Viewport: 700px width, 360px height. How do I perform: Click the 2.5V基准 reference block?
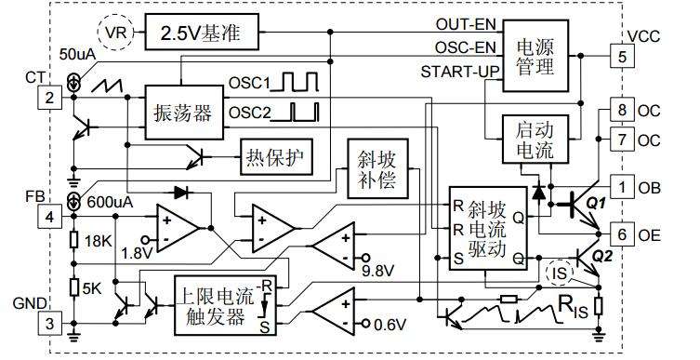[x=202, y=32]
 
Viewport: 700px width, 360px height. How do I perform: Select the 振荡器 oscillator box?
[x=184, y=113]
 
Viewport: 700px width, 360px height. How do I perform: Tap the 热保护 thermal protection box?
[x=275, y=157]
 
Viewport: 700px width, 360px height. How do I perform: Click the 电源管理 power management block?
[x=535, y=56]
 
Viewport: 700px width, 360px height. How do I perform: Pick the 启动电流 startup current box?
[x=535, y=139]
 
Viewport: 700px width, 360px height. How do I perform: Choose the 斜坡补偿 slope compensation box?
[x=377, y=168]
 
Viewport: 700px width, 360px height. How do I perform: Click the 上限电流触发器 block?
[x=226, y=305]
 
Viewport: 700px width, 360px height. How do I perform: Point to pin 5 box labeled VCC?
[x=622, y=57]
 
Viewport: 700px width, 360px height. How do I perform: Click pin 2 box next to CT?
[x=49, y=97]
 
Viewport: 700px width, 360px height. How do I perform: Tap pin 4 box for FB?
[x=49, y=217]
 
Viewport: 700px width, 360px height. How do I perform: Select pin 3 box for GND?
[x=49, y=323]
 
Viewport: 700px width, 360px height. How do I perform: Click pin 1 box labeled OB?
[x=622, y=188]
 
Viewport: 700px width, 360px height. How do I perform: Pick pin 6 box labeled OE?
[x=622, y=234]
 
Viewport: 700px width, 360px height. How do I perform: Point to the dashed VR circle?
[x=115, y=33]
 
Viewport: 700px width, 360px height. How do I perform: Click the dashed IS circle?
[x=559, y=273]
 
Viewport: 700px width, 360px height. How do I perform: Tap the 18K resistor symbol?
[x=74, y=240]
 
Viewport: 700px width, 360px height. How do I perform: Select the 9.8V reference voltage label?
[x=377, y=271]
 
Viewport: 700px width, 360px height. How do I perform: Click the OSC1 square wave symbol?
[x=295, y=81]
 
